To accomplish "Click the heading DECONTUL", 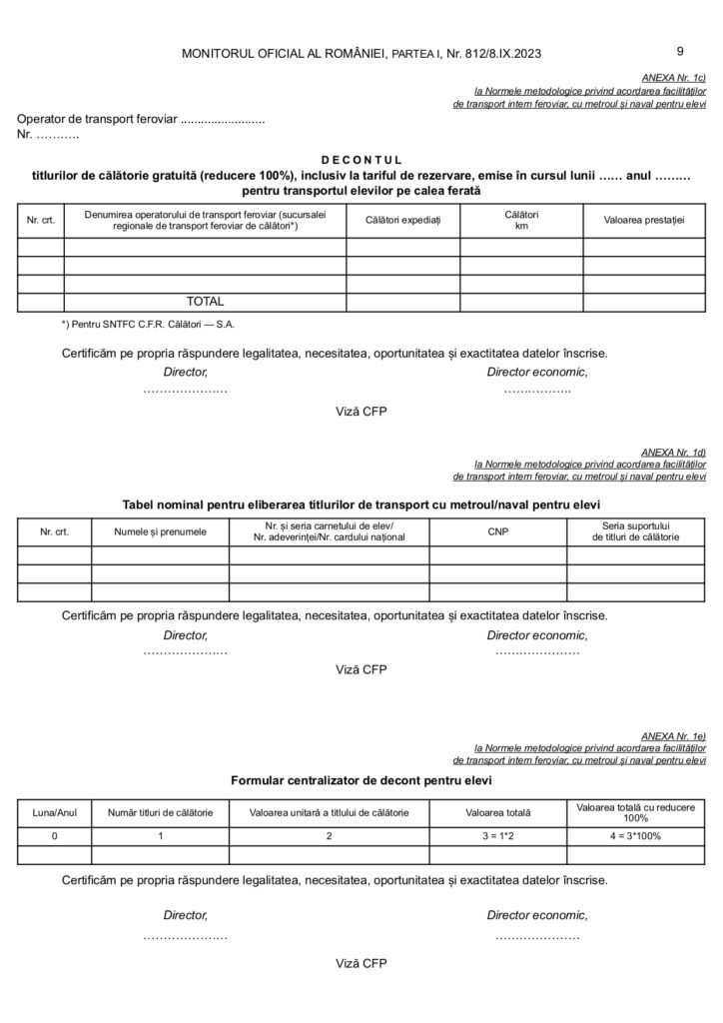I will point(361,159).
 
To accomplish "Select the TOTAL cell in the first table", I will point(205,301).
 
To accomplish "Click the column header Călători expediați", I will point(402,220).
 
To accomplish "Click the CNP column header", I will point(498,531).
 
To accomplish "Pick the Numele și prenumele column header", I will point(161,531).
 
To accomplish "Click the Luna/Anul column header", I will point(55,813).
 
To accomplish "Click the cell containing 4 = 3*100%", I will point(636,836).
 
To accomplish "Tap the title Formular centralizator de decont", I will point(361,779).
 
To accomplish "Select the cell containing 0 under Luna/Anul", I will point(55,836).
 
